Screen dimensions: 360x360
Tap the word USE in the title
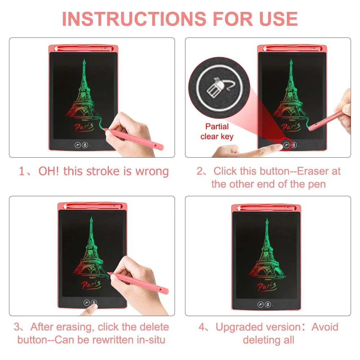[x=279, y=19]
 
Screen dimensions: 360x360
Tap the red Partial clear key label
[x=217, y=131]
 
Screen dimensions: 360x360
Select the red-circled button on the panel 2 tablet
[x=286, y=145]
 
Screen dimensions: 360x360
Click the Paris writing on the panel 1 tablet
[x=84, y=127]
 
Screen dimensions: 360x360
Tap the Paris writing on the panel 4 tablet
[x=266, y=287]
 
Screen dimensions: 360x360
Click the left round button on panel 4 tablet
[x=261, y=305]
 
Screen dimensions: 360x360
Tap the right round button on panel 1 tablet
[x=85, y=145]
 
